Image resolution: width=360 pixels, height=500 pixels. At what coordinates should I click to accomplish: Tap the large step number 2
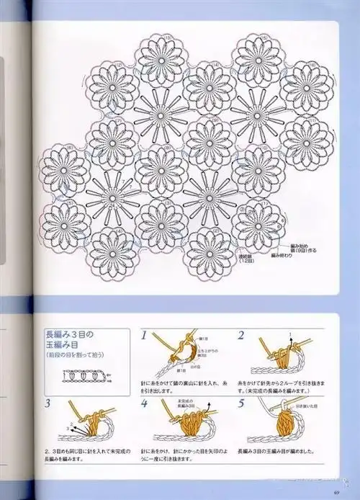pyautogui.click(x=240, y=336)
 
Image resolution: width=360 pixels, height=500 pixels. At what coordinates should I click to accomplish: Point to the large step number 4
pyautogui.click(x=145, y=403)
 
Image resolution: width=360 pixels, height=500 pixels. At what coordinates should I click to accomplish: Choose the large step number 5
pyautogui.click(x=240, y=403)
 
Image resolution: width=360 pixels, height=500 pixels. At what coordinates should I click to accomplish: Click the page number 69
pyautogui.click(x=336, y=493)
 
